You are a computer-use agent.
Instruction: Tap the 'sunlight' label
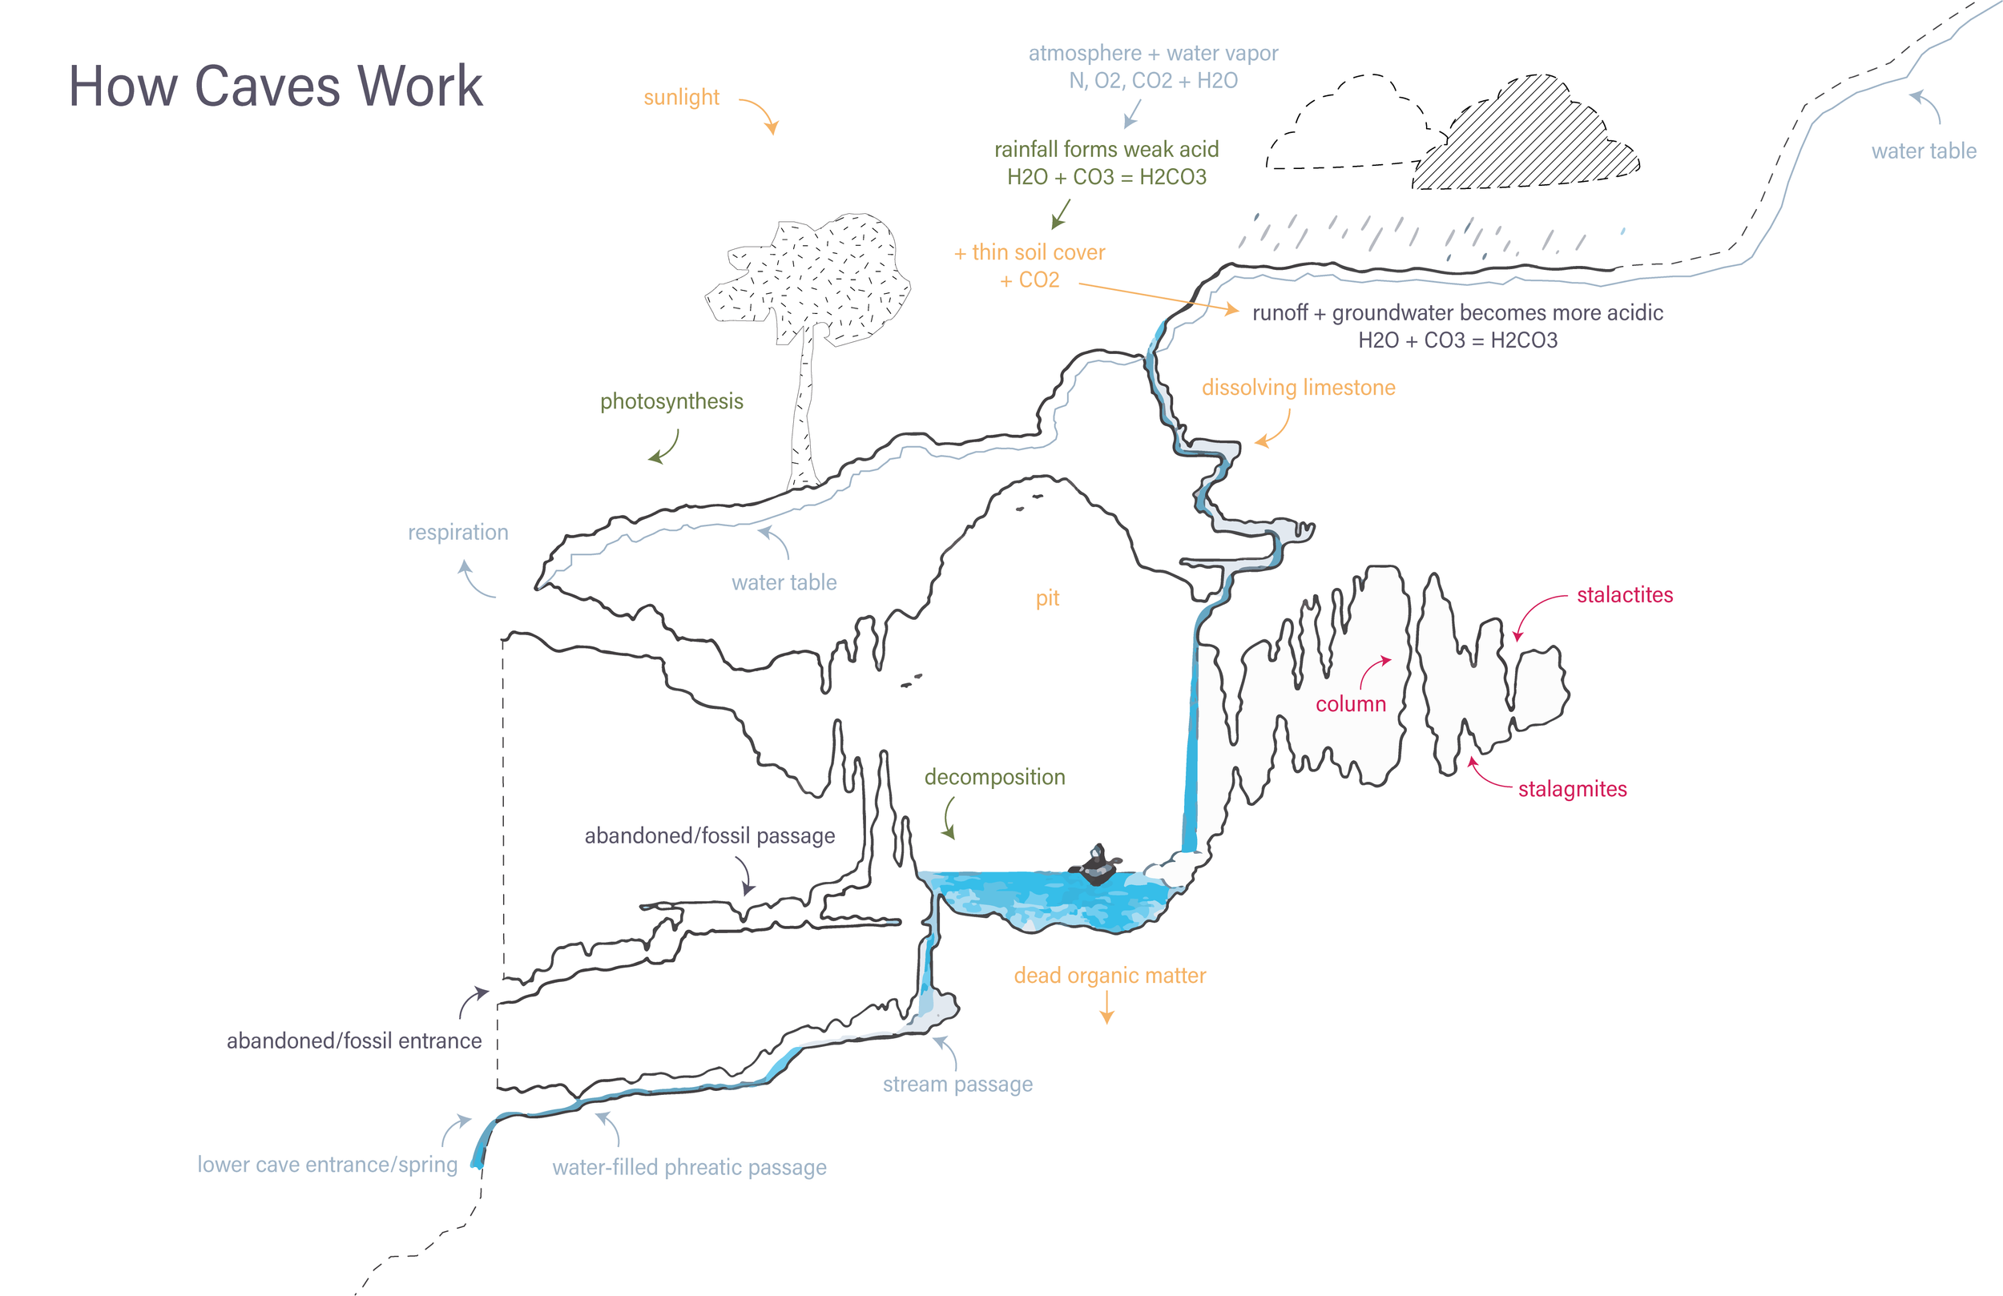tap(681, 98)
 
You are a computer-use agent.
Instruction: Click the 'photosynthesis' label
tap(671, 401)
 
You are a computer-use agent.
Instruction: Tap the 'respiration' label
tap(457, 533)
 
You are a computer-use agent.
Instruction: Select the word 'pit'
tap(1047, 598)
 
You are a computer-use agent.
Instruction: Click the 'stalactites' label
tap(1624, 595)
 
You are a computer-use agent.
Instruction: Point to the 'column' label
tap(1350, 704)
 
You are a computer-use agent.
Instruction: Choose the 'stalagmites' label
tap(1572, 790)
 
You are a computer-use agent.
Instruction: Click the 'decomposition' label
tap(995, 777)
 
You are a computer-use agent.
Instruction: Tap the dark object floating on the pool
tap(1096, 866)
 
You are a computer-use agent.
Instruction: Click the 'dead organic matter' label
tap(1109, 976)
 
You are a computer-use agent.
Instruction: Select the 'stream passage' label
tap(957, 1084)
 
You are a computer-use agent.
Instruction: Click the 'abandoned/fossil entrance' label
tap(353, 1041)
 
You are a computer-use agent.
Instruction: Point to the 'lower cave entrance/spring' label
tap(328, 1165)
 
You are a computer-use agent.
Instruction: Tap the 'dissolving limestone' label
tap(1298, 388)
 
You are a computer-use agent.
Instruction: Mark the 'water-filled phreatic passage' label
tap(689, 1167)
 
